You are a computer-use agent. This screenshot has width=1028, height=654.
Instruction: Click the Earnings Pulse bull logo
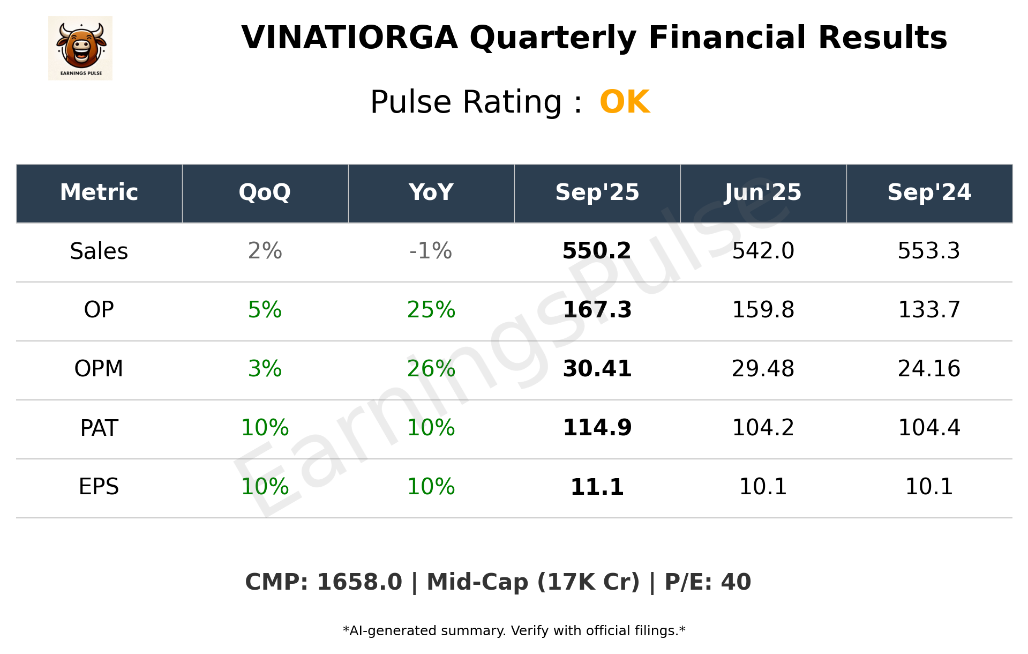click(x=80, y=48)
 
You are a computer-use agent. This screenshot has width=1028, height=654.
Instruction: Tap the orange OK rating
click(x=625, y=102)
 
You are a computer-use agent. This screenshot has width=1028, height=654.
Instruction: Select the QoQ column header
click(x=265, y=192)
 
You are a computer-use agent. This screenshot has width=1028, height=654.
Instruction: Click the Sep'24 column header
click(x=929, y=192)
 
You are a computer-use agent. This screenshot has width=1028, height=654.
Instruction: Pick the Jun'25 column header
click(x=763, y=192)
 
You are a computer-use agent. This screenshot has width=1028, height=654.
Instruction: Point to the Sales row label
click(x=99, y=251)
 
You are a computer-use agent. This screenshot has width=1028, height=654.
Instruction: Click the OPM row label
click(x=99, y=369)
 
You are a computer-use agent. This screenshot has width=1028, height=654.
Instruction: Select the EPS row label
click(x=99, y=487)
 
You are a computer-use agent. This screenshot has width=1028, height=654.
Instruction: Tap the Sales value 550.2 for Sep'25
click(x=597, y=251)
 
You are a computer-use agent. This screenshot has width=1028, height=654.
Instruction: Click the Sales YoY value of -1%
click(x=431, y=251)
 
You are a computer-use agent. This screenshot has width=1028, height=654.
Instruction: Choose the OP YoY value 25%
click(x=431, y=310)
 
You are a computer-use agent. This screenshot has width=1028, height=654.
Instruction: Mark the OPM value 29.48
click(x=763, y=369)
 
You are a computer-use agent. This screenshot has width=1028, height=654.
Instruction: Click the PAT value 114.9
click(x=597, y=428)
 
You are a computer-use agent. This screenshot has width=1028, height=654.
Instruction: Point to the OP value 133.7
click(x=929, y=310)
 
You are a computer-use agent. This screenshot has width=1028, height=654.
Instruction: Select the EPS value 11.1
click(x=597, y=487)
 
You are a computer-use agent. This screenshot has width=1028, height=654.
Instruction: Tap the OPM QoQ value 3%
click(x=265, y=369)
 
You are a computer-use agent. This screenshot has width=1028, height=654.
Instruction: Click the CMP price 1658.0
click(x=359, y=582)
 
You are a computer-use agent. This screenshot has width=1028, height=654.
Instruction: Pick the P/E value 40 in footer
click(x=736, y=582)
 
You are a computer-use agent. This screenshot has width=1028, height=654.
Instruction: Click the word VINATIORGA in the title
click(x=349, y=38)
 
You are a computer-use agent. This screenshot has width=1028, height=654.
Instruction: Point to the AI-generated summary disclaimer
click(x=514, y=631)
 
